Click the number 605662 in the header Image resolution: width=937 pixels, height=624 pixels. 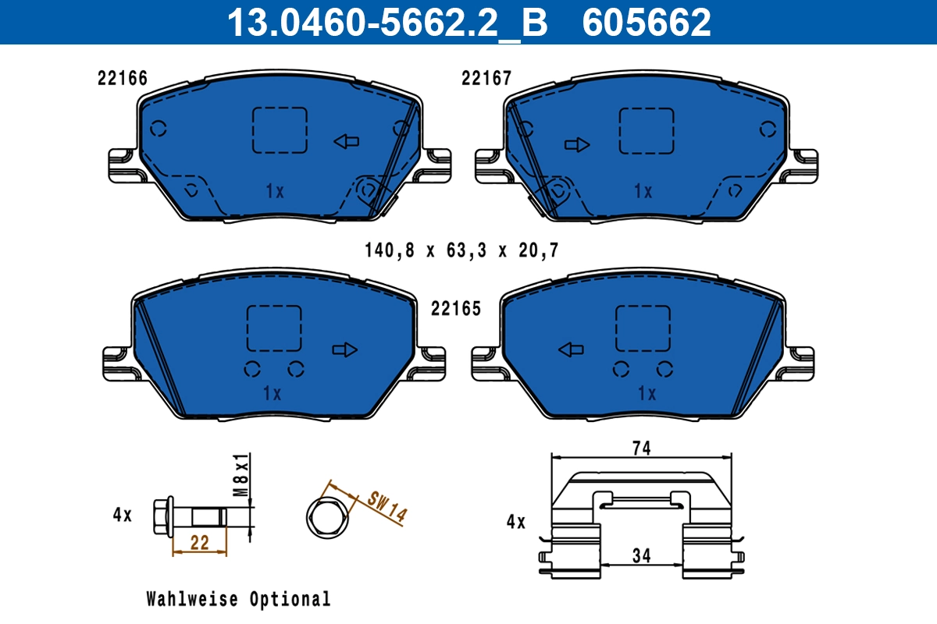tap(647, 22)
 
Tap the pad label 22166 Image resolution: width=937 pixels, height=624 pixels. tap(123, 78)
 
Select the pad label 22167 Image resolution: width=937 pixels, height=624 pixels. tap(486, 78)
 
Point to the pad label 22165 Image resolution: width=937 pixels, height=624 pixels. tap(456, 309)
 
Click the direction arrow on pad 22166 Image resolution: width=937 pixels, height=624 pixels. tap(346, 141)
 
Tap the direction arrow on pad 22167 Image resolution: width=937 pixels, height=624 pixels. tap(577, 144)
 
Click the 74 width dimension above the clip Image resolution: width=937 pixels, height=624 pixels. tap(641, 448)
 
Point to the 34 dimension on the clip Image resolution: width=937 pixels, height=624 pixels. tap(641, 555)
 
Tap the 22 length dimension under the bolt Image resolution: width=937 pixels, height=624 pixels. tap(200, 544)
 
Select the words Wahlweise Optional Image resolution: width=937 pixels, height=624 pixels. tap(238, 599)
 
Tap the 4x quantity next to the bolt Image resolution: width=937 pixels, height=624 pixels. tap(123, 515)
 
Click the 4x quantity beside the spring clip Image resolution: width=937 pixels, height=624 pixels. tap(516, 522)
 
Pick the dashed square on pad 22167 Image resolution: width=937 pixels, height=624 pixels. tap(646, 130)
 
